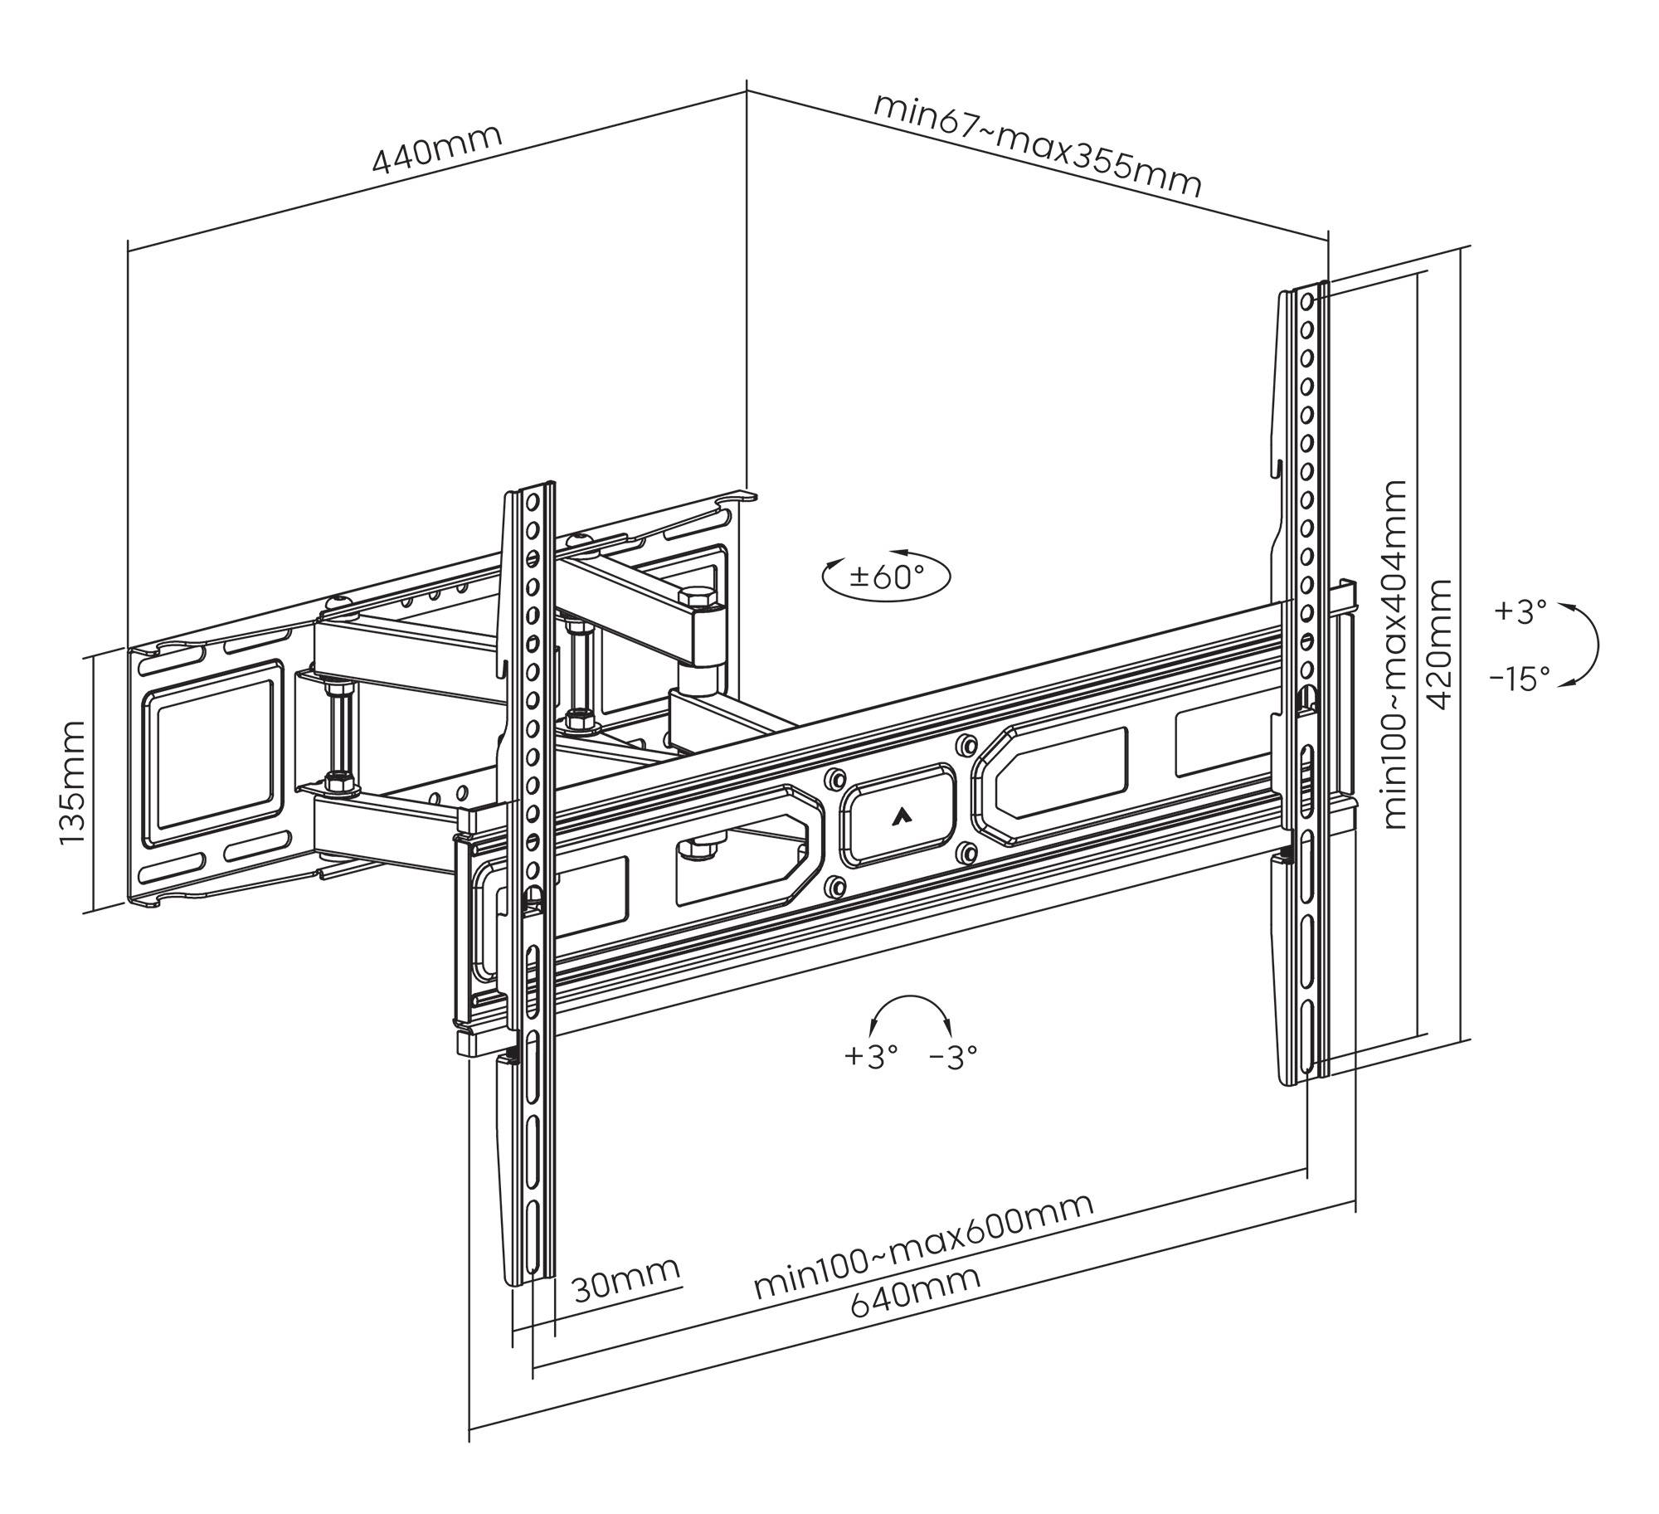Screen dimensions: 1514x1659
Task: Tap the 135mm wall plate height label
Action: [x=72, y=782]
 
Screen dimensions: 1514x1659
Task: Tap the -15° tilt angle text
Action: [x=1520, y=679]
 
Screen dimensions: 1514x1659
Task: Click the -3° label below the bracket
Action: [x=954, y=1056]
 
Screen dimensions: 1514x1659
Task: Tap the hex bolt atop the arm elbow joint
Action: [x=693, y=597]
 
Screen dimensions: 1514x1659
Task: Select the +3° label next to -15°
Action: [x=1520, y=612]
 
